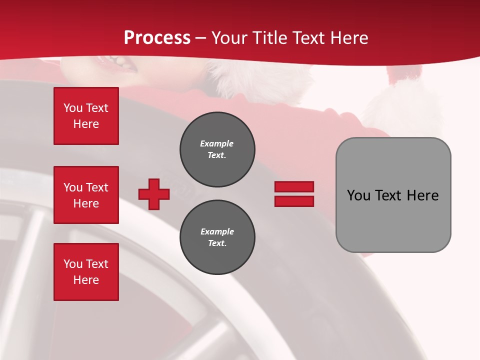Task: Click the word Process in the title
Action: click(x=157, y=37)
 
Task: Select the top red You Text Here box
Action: click(x=86, y=116)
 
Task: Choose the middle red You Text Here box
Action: click(x=86, y=195)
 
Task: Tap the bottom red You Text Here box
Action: click(x=86, y=272)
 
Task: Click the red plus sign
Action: click(x=154, y=194)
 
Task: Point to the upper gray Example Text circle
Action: click(x=217, y=149)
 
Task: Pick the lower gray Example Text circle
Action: click(x=217, y=237)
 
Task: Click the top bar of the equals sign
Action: click(x=294, y=186)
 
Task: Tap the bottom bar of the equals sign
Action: click(x=294, y=201)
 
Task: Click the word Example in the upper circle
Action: click(x=216, y=143)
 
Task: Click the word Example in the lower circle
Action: click(x=217, y=231)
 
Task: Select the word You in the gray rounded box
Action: click(x=359, y=195)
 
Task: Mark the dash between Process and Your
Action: click(x=201, y=38)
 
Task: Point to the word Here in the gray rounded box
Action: click(x=422, y=195)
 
